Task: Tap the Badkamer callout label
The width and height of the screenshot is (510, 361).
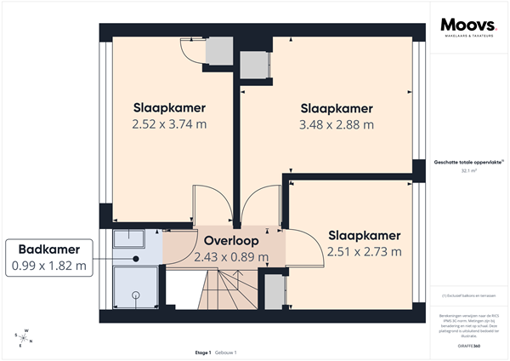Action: [x=51, y=249]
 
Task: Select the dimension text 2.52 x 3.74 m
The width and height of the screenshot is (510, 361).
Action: [x=169, y=123]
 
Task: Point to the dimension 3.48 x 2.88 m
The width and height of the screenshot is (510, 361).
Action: [x=337, y=124]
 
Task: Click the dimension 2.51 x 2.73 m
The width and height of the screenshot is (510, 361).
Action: [x=365, y=251]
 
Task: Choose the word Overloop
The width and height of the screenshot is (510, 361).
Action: [x=231, y=241]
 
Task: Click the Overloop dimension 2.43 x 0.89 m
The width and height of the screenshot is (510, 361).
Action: [x=231, y=256]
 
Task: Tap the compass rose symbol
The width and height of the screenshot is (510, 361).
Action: [x=25, y=337]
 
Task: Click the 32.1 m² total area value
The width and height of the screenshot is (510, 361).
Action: [x=467, y=170]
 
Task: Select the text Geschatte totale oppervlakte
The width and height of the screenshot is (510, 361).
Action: [x=466, y=161]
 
